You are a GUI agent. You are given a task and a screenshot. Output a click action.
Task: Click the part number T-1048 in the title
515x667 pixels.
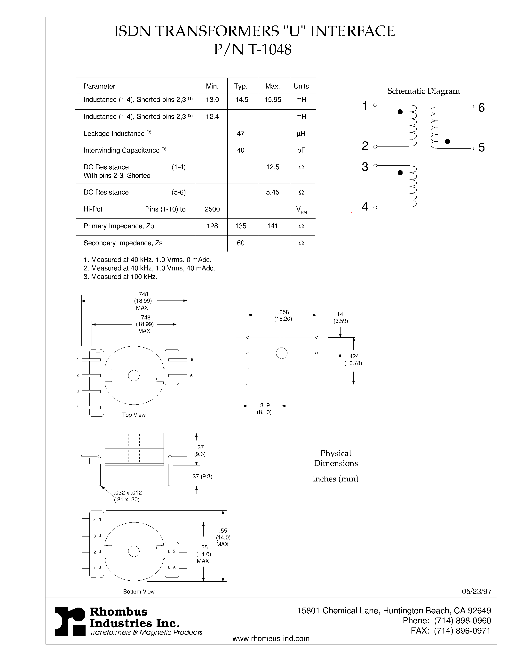click(270, 49)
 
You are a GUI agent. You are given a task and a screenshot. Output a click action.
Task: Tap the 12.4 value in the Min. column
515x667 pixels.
click(212, 117)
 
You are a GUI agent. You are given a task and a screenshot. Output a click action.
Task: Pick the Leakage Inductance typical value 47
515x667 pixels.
click(240, 133)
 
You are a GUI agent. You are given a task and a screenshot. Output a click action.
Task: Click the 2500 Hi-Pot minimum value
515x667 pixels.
click(212, 209)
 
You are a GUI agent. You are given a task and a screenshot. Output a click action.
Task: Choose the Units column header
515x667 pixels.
click(301, 86)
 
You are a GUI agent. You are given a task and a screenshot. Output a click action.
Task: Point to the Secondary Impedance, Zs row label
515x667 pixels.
click(123, 243)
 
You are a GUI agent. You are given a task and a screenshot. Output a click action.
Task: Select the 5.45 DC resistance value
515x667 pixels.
click(272, 192)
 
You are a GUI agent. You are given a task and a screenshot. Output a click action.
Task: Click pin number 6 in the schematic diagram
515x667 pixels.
click(482, 107)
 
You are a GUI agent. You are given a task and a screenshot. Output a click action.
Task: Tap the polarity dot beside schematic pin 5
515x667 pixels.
click(447, 141)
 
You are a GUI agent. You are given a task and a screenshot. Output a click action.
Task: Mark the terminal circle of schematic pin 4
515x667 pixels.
click(375, 208)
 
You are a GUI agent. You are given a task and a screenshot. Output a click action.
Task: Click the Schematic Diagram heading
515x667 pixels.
click(423, 91)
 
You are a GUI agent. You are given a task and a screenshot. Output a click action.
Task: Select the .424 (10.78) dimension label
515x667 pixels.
click(353, 360)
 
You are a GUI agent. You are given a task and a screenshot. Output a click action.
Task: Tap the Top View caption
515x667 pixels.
click(134, 415)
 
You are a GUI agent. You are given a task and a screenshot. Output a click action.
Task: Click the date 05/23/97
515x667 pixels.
click(476, 591)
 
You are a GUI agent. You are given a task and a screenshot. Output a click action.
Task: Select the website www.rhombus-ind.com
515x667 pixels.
click(271, 639)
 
